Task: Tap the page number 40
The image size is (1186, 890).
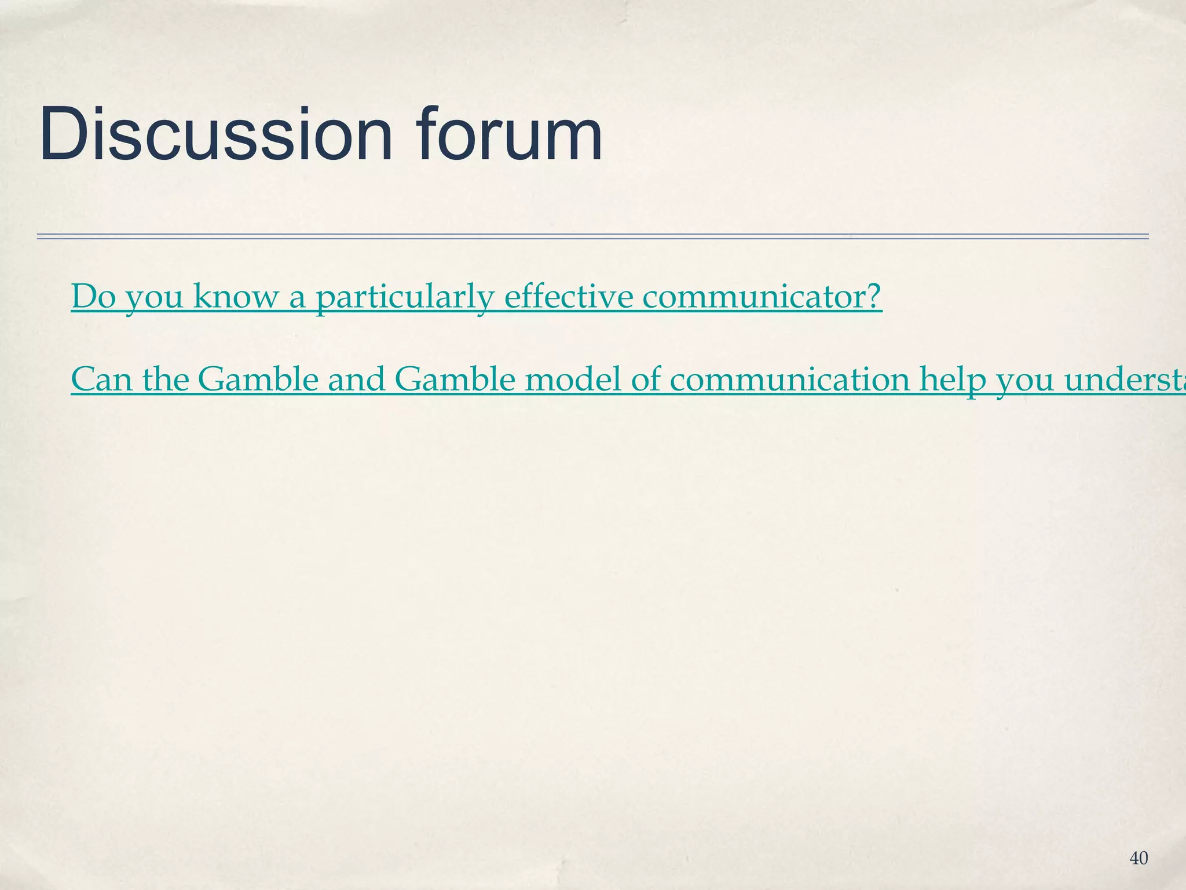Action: [1139, 859]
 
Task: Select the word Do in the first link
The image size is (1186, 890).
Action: [93, 296]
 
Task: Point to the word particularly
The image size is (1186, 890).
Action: [404, 297]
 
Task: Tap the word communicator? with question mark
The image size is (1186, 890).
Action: [762, 296]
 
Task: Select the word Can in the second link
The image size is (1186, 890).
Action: [100, 380]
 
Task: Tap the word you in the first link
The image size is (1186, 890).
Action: [154, 297]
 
